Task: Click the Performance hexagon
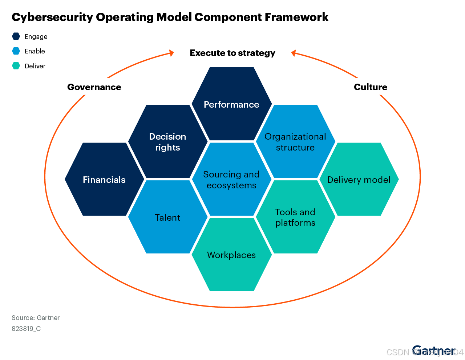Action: click(x=232, y=104)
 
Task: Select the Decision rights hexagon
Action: click(x=168, y=142)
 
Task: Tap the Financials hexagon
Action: click(x=104, y=180)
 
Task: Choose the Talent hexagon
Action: click(x=168, y=217)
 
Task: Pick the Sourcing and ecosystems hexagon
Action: click(x=232, y=180)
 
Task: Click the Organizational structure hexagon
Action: click(x=295, y=142)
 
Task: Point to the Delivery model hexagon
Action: click(x=359, y=180)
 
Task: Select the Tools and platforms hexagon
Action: click(x=295, y=217)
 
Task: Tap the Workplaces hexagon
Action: click(x=232, y=255)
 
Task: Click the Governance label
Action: click(x=94, y=87)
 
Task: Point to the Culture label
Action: click(x=371, y=87)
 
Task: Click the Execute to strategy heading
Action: click(x=232, y=53)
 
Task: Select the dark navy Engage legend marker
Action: click(x=16, y=36)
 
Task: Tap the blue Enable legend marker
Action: click(x=16, y=51)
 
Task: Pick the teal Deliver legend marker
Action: click(x=16, y=66)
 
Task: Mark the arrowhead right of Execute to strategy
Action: click(x=294, y=53)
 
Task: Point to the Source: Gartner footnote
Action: click(x=36, y=318)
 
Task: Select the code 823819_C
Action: click(x=26, y=329)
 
